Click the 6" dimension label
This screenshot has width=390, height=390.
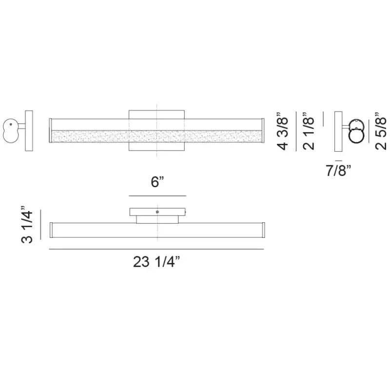pyautogui.click(x=157, y=183)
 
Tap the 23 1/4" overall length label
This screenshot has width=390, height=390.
pyautogui.click(x=156, y=262)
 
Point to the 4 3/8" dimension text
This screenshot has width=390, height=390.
pyautogui.click(x=284, y=132)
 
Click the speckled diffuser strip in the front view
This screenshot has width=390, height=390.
pyautogui.click(x=156, y=137)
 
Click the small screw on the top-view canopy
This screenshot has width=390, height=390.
pyautogui.click(x=157, y=212)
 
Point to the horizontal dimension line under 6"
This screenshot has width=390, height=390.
pyautogui.click(x=157, y=195)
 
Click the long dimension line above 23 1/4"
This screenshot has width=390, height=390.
pyautogui.click(x=156, y=250)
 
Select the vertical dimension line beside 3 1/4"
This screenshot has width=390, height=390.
pyautogui.click(x=41, y=225)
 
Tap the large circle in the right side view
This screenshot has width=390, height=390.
pyautogui.click(x=358, y=135)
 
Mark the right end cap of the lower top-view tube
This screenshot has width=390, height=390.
pyautogui.click(x=262, y=230)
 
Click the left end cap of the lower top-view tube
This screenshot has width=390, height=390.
pyautogui.click(x=51, y=230)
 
